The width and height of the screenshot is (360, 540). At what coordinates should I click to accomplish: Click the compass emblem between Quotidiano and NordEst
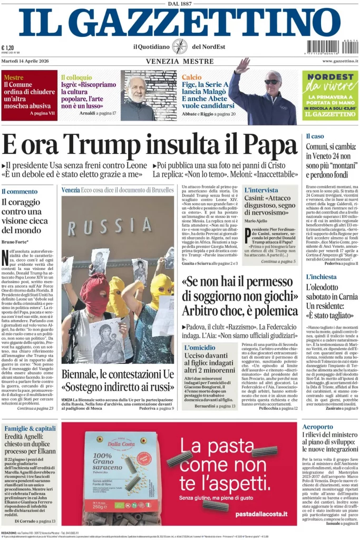click(180, 46)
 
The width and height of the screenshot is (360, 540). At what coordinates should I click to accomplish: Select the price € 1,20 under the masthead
click(8, 47)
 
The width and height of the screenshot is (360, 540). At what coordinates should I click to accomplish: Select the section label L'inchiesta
click(321, 277)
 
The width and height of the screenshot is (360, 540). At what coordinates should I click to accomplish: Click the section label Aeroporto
click(318, 427)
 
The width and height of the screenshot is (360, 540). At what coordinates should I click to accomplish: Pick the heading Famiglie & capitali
click(30, 428)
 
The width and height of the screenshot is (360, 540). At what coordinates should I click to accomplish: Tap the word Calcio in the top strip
click(191, 77)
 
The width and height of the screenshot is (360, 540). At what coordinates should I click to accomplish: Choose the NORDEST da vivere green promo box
click(330, 95)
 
